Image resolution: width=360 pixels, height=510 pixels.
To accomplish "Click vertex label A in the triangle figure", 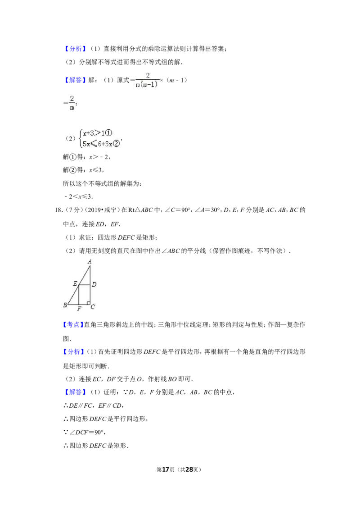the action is pyautogui.click(x=90, y=261).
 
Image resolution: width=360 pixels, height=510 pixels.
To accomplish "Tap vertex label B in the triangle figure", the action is pyautogui.click(x=65, y=305).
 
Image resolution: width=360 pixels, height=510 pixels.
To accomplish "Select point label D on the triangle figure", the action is pyautogui.click(x=94, y=285).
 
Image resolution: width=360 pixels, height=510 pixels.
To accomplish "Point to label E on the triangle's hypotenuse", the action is pyautogui.click(x=75, y=284).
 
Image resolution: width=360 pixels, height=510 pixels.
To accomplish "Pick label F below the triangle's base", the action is pyautogui.click(x=79, y=309).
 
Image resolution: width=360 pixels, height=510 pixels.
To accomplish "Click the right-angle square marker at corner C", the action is pyautogui.click(x=88, y=303).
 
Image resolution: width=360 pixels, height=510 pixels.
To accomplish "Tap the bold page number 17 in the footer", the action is pyautogui.click(x=166, y=469).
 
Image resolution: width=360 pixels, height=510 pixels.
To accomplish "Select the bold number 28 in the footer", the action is pyautogui.click(x=189, y=469).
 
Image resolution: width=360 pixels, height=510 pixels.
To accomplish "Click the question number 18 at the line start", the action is pyautogui.click(x=58, y=210).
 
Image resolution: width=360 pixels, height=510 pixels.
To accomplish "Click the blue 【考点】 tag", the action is pyautogui.click(x=73, y=324).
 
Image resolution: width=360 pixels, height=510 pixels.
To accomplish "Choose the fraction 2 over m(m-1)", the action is pyautogui.click(x=147, y=80).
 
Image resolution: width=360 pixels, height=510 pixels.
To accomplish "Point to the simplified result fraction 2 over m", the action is pyautogui.click(x=72, y=102).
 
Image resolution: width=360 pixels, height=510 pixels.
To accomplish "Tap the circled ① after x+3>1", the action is pyautogui.click(x=109, y=133).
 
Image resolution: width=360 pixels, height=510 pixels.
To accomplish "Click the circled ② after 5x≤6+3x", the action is pyautogui.click(x=116, y=143).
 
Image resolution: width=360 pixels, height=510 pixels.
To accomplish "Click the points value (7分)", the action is pyautogui.click(x=73, y=210).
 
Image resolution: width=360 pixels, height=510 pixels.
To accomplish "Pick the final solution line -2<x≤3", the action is pyautogui.click(x=78, y=197).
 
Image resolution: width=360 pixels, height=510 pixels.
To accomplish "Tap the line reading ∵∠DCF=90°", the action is pyautogui.click(x=85, y=433).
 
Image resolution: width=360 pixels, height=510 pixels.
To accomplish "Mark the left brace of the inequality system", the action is pyautogui.click(x=80, y=138).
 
